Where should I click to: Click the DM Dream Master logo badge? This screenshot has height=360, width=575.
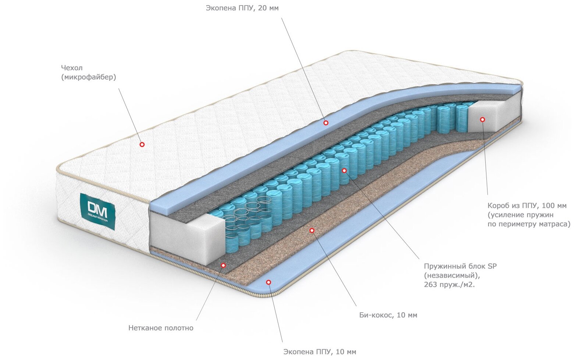click(x=97, y=211)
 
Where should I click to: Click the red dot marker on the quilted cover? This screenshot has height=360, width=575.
click(x=142, y=144)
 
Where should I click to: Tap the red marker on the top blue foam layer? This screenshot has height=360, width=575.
click(x=326, y=123)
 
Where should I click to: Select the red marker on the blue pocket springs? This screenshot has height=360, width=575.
click(x=344, y=171)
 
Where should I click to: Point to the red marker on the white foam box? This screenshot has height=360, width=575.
click(x=482, y=119)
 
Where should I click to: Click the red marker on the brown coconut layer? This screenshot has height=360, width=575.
click(x=312, y=230)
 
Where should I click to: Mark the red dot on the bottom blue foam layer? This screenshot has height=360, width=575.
click(x=268, y=282)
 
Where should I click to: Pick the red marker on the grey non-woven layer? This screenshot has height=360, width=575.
click(x=223, y=265)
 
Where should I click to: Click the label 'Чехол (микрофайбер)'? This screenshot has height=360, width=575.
click(x=88, y=72)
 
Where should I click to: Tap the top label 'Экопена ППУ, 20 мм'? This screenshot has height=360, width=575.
click(x=242, y=8)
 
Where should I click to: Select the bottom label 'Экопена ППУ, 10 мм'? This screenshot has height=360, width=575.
click(x=319, y=352)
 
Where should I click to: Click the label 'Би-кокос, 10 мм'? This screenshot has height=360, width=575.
click(x=388, y=315)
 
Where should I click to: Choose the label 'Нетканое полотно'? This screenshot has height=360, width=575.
click(x=161, y=328)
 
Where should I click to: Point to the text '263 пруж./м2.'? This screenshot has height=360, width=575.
click(x=449, y=284)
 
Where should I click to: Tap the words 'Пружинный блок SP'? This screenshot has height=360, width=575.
click(x=460, y=266)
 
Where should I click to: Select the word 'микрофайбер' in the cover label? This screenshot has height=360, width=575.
click(x=89, y=77)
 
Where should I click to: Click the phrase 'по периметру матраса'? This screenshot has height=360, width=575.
click(x=529, y=224)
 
